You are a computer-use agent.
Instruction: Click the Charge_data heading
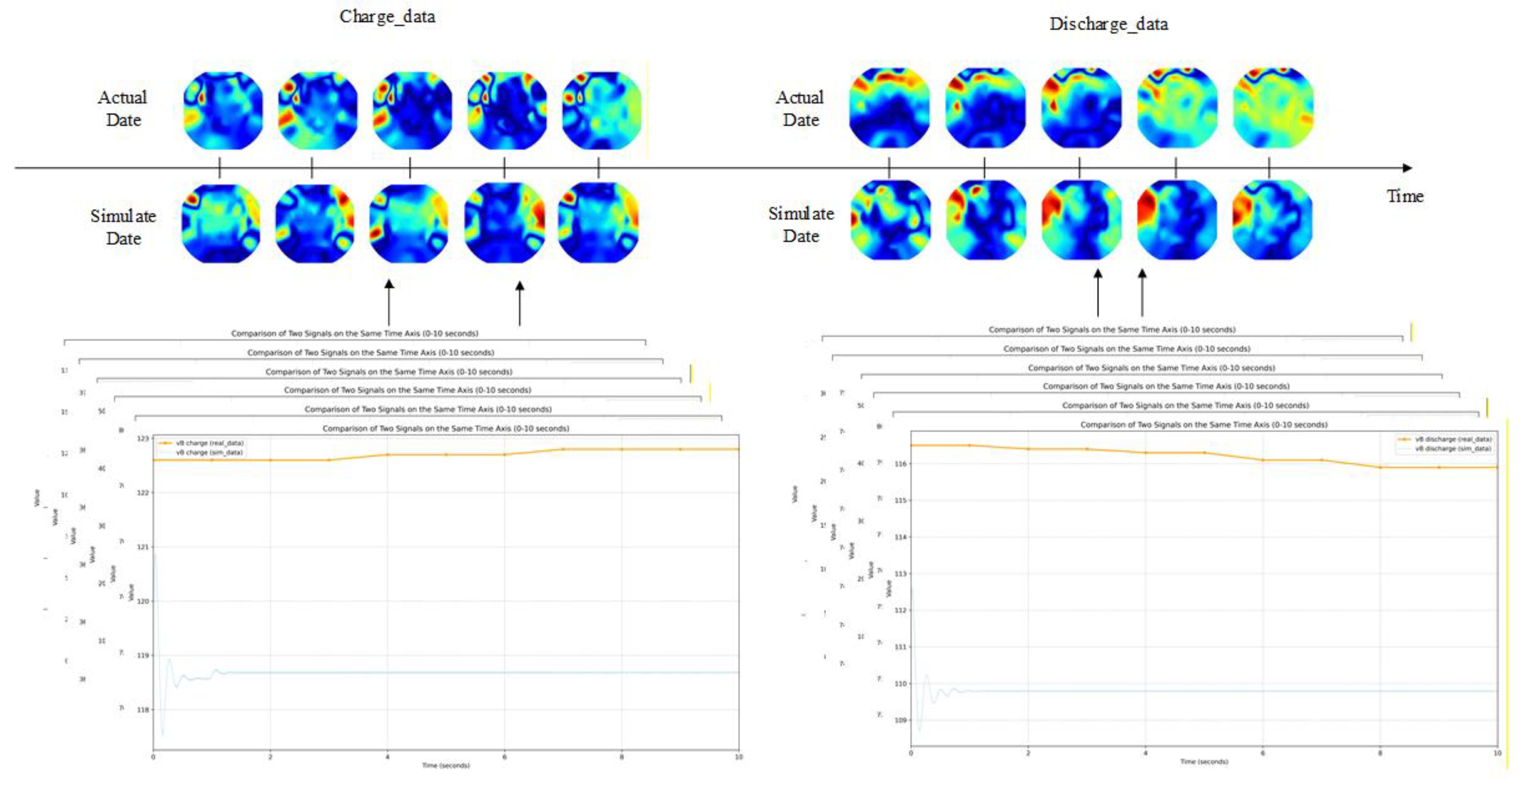(x=387, y=17)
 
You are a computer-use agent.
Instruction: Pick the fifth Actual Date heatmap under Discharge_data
(x=1273, y=108)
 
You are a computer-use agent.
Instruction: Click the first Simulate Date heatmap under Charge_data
(x=220, y=223)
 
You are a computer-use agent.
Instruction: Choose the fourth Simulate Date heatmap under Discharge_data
(x=1176, y=220)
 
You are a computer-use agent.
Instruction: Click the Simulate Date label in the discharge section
(x=801, y=225)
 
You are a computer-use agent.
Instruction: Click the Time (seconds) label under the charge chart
(x=446, y=766)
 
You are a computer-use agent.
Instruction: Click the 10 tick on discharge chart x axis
(x=1497, y=753)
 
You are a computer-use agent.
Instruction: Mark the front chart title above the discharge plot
(x=1204, y=425)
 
